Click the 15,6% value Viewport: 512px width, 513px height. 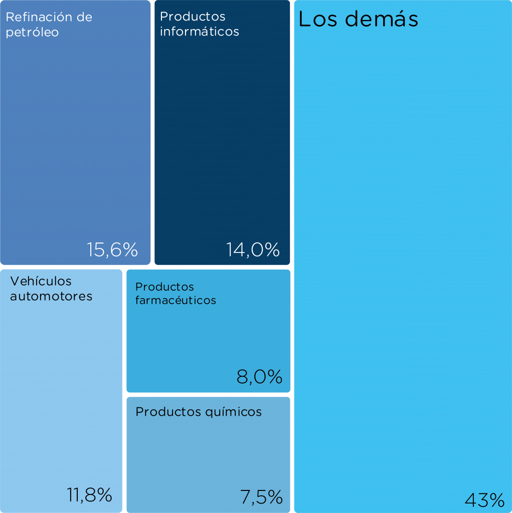(112, 249)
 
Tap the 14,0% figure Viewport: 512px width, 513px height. (253, 249)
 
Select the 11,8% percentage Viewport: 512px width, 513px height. (89, 495)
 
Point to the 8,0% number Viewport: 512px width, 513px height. (259, 377)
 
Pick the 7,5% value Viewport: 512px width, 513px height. (261, 497)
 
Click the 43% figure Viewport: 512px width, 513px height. (484, 499)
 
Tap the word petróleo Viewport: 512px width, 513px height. (32, 33)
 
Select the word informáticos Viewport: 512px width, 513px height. (199, 32)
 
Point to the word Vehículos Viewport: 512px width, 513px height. (41, 281)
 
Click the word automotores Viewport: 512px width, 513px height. (51, 296)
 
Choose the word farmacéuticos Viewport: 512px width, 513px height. (176, 301)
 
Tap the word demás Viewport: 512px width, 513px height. (382, 20)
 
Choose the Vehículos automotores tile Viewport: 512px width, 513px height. (61, 391)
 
